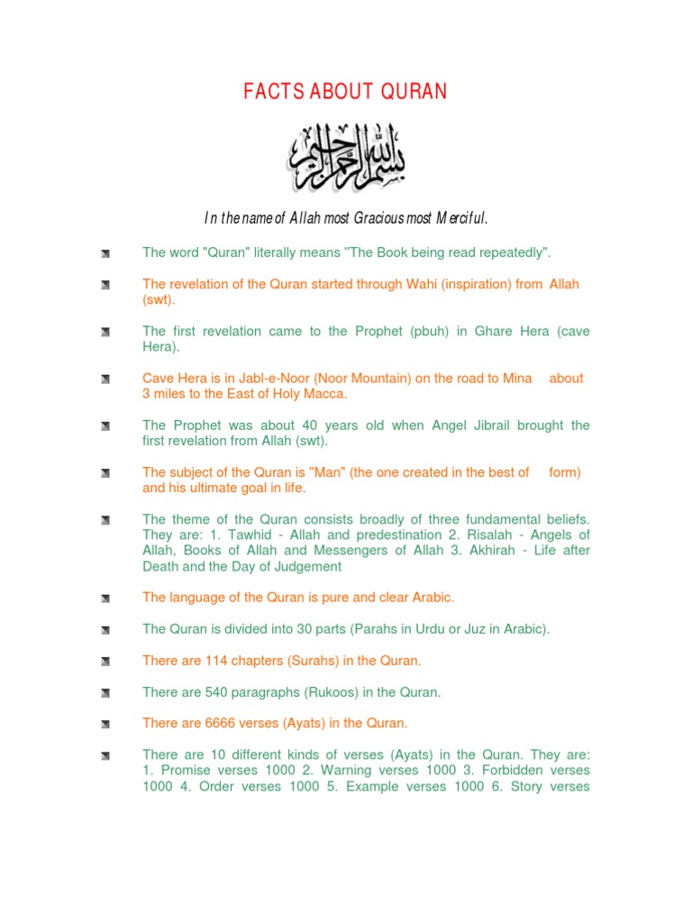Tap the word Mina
pos(515,379)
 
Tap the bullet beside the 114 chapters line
pos(105,662)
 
